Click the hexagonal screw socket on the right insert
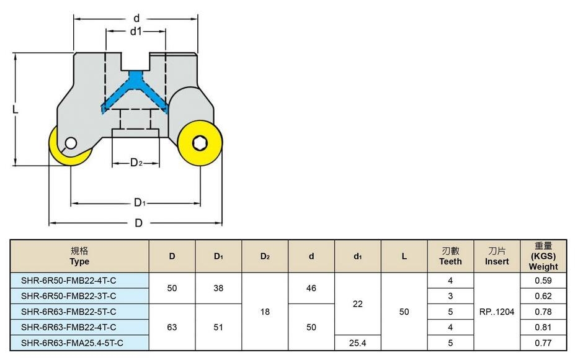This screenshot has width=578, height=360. pyautogui.click(x=200, y=143)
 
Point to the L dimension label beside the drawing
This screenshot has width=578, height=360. pyautogui.click(x=15, y=109)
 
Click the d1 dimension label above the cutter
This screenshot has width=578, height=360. pyautogui.click(x=136, y=32)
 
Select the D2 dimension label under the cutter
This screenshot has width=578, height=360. pyautogui.click(x=136, y=162)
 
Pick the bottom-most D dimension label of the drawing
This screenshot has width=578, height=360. pyautogui.click(x=138, y=223)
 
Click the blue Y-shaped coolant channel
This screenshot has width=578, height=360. pyautogui.click(x=135, y=91)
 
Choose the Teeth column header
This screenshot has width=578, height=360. pyautogui.click(x=450, y=256)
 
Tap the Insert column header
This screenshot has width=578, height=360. pyautogui.click(x=497, y=256)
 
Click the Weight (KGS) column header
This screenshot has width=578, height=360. pyautogui.click(x=543, y=256)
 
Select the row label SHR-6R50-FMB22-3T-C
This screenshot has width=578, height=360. pyautogui.click(x=69, y=296)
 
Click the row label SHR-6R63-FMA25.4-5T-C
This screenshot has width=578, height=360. pyautogui.click(x=72, y=343)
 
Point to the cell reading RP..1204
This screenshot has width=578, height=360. pyautogui.click(x=497, y=312)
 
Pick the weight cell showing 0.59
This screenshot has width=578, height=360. pyautogui.click(x=543, y=281)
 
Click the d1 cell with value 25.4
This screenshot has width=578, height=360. pyautogui.click(x=358, y=343)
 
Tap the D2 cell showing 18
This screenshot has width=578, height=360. pyautogui.click(x=265, y=312)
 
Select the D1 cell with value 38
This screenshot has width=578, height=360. pyautogui.click(x=218, y=288)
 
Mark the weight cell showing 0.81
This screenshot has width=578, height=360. pyautogui.click(x=543, y=327)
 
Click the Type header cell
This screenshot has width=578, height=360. pyautogui.click(x=79, y=256)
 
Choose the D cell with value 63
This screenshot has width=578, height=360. pyautogui.click(x=172, y=327)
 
